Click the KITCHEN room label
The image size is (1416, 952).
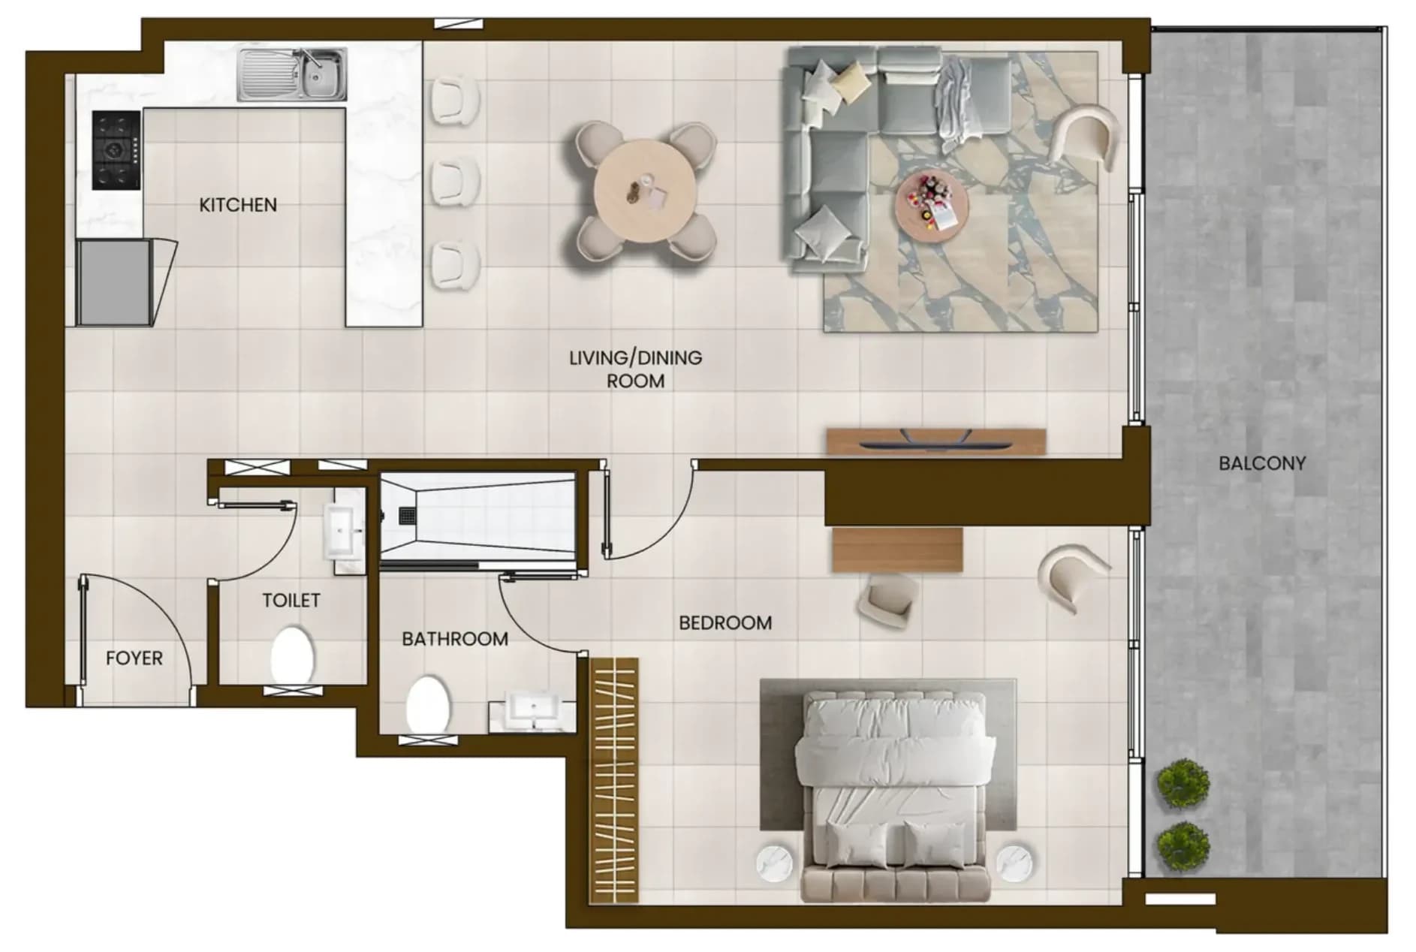[238, 204]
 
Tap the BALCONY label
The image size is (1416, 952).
[1262, 463]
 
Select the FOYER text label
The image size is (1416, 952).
[134, 658]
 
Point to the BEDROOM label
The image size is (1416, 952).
[725, 622]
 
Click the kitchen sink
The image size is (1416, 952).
[293, 74]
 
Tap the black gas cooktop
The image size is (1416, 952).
[116, 150]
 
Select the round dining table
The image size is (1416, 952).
[646, 191]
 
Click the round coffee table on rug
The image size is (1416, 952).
[932, 205]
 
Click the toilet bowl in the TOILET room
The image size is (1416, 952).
[291, 655]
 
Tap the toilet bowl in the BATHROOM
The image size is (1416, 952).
[427, 704]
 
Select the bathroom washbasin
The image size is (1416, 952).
[532, 710]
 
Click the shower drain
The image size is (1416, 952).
[407, 516]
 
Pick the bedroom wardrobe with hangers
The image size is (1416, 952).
[614, 780]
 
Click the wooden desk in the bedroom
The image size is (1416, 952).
[897, 550]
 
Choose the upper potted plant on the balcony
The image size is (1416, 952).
[1183, 783]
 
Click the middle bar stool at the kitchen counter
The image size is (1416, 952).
[455, 180]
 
